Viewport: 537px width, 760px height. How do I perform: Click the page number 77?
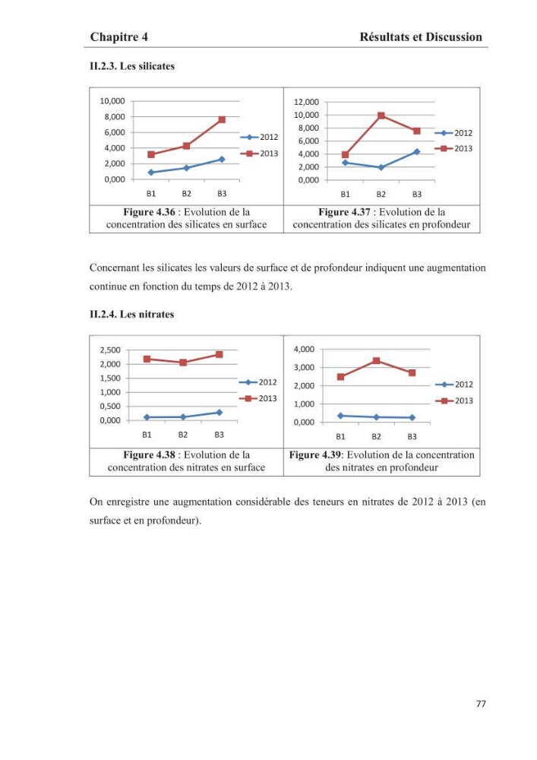point(481,703)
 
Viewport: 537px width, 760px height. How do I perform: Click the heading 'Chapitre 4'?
point(119,36)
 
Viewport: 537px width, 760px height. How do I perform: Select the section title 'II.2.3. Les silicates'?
point(132,66)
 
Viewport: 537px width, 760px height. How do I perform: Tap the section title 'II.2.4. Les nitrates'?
point(131,314)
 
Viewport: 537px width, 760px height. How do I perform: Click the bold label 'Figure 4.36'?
point(149,212)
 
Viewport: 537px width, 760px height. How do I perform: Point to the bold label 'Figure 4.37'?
point(344,212)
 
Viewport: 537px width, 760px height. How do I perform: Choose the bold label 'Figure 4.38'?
point(149,454)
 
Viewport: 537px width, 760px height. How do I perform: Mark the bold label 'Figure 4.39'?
point(314,454)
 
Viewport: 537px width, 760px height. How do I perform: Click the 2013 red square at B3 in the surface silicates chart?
point(222,119)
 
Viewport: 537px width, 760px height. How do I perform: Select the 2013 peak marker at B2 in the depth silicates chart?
point(381,116)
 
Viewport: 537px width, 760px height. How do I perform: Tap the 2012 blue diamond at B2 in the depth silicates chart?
point(381,168)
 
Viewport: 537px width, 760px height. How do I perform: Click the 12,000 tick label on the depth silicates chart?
point(307,102)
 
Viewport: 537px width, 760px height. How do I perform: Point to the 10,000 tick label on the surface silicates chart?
point(112,101)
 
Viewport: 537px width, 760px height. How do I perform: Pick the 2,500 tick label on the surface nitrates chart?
point(110,350)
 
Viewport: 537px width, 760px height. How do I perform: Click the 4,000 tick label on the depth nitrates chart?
point(304,349)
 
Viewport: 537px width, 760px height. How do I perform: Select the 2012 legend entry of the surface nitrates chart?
point(258,382)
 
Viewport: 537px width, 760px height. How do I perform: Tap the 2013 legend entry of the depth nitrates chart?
point(454,401)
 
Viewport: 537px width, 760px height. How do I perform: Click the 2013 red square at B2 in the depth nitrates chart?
point(376,360)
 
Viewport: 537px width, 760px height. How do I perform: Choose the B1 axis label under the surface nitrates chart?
point(147,435)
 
